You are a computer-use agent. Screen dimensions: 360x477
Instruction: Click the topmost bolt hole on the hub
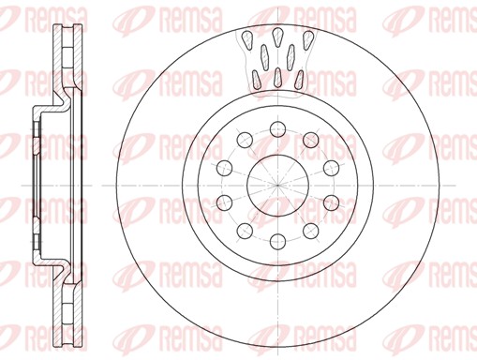278,128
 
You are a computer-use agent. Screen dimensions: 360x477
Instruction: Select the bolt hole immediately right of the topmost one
309,139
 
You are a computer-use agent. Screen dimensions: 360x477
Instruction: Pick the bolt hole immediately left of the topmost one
246,139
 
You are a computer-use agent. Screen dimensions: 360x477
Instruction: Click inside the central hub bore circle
277,181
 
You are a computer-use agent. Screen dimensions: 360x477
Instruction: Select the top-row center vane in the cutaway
278,35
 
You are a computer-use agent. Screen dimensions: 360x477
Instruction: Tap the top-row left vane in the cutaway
247,39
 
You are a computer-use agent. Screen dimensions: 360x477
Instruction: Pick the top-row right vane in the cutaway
308,39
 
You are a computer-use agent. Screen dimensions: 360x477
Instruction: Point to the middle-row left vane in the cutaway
264,52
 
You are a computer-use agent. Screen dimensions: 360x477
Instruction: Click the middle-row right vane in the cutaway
292,52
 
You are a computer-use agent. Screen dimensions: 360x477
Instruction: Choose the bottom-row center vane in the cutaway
278,73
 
